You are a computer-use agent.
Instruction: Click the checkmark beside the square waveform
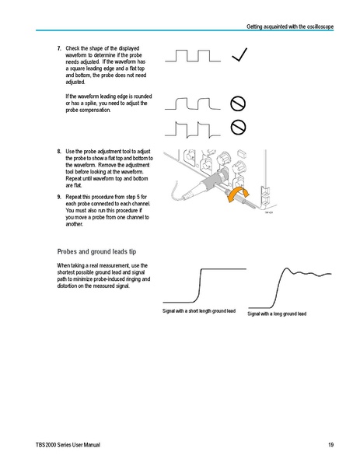tap(240, 54)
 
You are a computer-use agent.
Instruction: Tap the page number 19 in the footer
tap(330, 444)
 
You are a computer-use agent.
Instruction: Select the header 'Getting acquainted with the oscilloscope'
tap(290, 26)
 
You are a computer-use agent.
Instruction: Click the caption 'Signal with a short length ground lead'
tap(197, 311)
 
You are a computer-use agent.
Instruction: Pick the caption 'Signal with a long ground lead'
tap(277, 314)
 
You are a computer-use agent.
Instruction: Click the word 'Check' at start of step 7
tap(74, 48)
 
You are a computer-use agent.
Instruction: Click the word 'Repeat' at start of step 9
tap(75, 197)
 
